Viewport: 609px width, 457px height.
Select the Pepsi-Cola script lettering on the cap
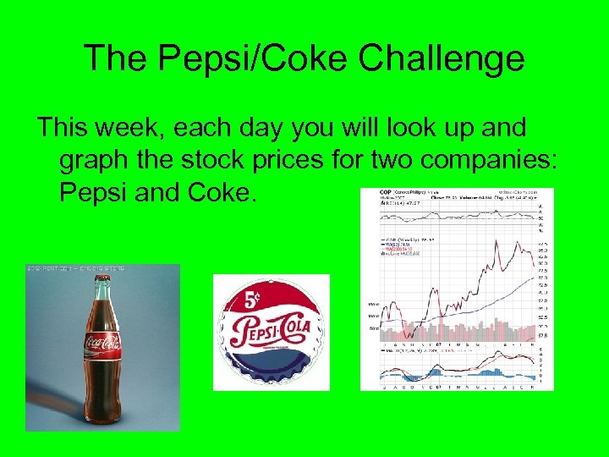tap(272, 329)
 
